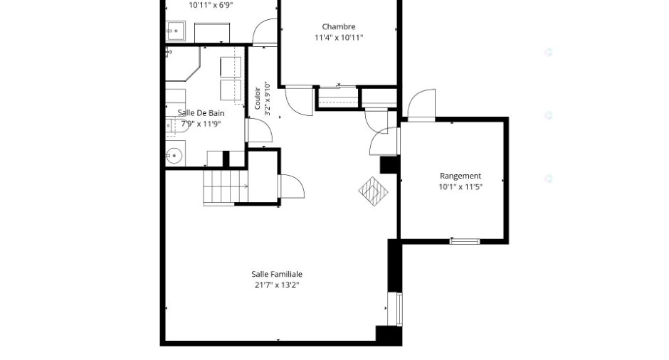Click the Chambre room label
[338, 26]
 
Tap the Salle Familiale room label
[276, 274]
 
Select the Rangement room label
[460, 176]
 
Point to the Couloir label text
[257, 98]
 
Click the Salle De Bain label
[201, 113]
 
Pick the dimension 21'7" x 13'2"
[276, 285]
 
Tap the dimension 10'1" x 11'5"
[460, 187]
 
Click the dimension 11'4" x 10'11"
[339, 38]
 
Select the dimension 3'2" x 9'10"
[268, 99]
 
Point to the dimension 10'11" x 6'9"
[211, 6]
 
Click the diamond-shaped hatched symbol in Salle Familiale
[374, 191]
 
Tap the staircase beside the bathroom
[226, 187]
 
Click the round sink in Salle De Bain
[174, 156]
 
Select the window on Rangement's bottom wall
[465, 241]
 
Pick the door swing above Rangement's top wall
[421, 103]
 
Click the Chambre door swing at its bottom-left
[299, 100]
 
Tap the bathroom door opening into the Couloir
[259, 130]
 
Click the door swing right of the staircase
[291, 186]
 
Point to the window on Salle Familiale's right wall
[399, 309]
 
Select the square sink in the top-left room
[175, 31]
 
